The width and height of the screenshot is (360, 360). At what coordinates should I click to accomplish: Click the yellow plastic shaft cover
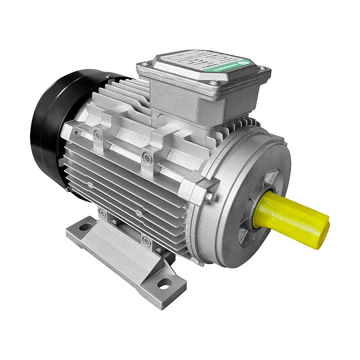tap(292, 216)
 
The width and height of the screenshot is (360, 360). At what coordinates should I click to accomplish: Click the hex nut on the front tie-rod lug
tap(209, 197)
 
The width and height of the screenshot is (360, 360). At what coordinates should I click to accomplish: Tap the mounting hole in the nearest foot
tap(164, 283)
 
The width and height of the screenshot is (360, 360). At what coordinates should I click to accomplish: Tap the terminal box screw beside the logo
tap(261, 68)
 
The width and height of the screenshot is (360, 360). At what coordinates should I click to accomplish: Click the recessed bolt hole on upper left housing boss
tap(97, 135)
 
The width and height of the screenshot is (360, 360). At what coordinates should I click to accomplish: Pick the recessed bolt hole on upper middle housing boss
tap(146, 157)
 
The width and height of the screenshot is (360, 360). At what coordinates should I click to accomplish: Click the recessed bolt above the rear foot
tap(103, 213)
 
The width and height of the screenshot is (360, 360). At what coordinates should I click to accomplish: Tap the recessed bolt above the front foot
tap(146, 241)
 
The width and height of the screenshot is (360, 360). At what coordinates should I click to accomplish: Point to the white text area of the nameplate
tap(198, 63)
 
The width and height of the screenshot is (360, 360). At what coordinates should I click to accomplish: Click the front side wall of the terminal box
tap(180, 97)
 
